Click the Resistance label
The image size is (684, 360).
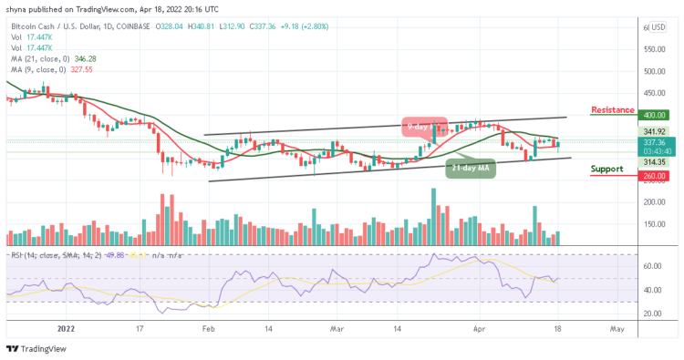(612, 110)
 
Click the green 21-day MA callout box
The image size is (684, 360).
(471, 168)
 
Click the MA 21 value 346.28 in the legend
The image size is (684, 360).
(88, 57)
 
